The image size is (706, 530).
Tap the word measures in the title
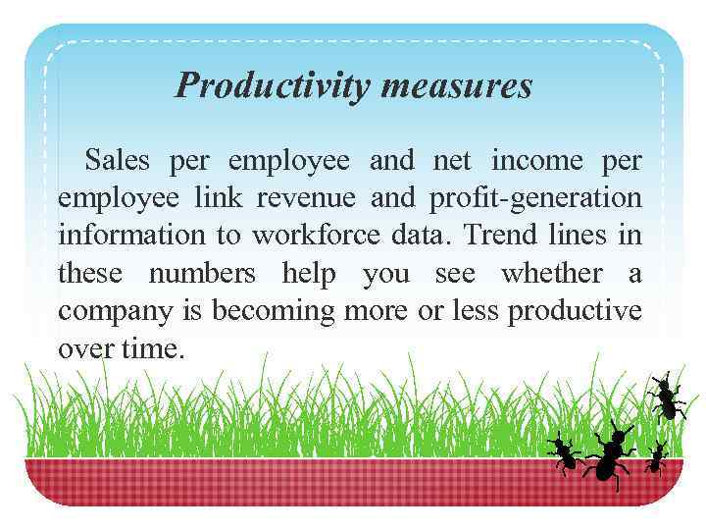coord(458,86)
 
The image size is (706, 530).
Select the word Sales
coord(120,160)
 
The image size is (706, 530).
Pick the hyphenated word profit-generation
coord(535,198)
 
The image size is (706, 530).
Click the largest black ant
coord(611,452)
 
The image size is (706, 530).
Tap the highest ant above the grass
coord(667,397)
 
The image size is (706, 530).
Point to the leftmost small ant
coord(564,452)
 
